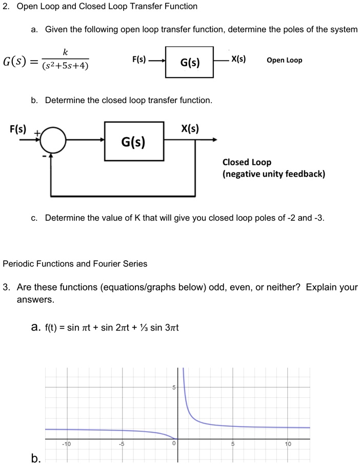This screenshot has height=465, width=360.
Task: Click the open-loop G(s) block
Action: tap(190, 62)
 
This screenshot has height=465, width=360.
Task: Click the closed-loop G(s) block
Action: tap(134, 141)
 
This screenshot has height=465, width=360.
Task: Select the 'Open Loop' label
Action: tap(284, 60)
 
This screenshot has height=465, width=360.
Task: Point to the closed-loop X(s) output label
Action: tap(190, 128)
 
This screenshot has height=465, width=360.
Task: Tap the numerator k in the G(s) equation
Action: tap(65, 52)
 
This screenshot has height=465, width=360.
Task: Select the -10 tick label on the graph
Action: tap(67, 444)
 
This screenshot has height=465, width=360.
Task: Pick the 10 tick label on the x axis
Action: tap(288, 444)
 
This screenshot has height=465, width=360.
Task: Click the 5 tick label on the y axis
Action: tap(174, 387)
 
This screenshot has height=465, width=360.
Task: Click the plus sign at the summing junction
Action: tap(37, 132)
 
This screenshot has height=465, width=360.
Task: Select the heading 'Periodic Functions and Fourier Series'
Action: tap(75, 264)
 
